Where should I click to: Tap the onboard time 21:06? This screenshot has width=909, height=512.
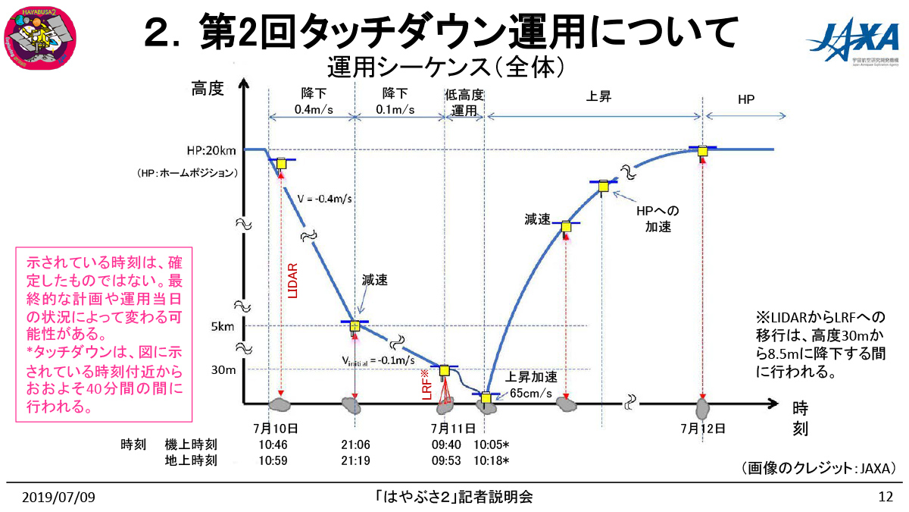(355, 444)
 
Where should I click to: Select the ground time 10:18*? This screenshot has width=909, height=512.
(491, 460)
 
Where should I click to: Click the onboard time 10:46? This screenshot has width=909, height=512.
(274, 444)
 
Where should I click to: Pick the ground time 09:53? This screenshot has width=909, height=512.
(447, 460)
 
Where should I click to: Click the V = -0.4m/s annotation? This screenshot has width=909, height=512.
(325, 199)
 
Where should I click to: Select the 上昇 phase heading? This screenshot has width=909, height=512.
(598, 97)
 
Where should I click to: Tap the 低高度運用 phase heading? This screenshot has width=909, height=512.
(464, 102)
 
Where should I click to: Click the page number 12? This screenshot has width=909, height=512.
(885, 498)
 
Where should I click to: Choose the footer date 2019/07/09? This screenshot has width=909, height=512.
(58, 498)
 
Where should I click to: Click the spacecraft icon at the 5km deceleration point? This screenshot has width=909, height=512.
(355, 326)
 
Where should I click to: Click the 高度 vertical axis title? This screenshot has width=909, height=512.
(208, 90)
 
